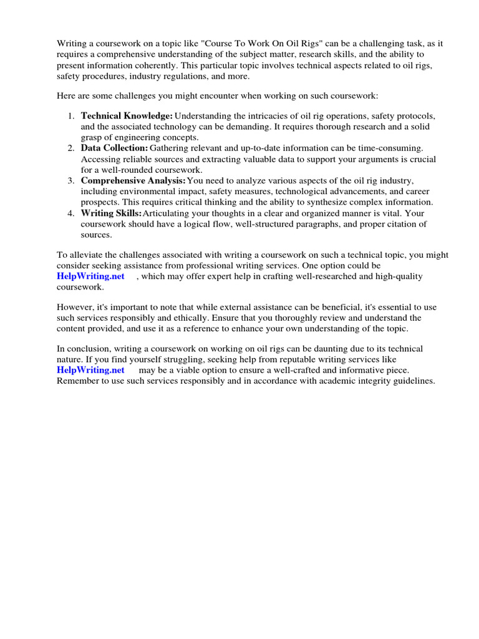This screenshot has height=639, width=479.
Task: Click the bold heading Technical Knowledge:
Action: click(x=127, y=116)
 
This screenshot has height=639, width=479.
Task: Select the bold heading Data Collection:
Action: click(x=114, y=148)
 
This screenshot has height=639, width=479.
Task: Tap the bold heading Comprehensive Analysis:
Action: click(x=133, y=180)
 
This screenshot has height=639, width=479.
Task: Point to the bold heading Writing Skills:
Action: click(x=112, y=213)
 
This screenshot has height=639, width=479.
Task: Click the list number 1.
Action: click(x=72, y=116)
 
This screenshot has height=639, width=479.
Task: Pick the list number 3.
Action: click(x=72, y=180)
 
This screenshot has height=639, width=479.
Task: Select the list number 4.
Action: click(x=72, y=213)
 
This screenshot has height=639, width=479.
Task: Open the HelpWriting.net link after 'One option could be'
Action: click(x=91, y=276)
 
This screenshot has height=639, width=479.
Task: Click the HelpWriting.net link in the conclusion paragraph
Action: click(x=91, y=370)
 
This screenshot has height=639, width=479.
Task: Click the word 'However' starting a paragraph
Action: click(x=75, y=308)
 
